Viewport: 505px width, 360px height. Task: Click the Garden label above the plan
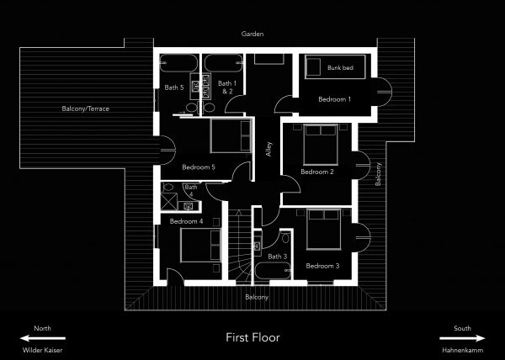[252, 34]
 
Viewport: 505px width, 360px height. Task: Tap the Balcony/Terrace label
[85, 109]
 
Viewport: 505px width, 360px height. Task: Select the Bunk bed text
[340, 67]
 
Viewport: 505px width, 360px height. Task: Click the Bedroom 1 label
[334, 99]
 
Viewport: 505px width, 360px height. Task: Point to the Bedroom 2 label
[317, 172]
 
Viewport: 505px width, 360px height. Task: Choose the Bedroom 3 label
[322, 266]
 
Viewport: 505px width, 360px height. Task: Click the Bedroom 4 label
[186, 221]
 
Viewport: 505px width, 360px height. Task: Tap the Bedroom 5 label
[199, 167]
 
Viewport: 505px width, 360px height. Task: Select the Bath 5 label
[174, 87]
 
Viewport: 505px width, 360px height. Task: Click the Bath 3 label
[277, 257]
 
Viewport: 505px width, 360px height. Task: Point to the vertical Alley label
[268, 149]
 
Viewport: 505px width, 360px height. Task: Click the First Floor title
[252, 337]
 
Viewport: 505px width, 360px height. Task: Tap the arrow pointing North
[43, 338]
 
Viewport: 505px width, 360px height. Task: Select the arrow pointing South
[462, 338]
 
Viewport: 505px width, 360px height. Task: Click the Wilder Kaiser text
[42, 350]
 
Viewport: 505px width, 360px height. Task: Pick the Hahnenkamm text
[462, 350]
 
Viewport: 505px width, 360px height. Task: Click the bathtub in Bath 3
[273, 271]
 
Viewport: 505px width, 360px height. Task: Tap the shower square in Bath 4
[169, 201]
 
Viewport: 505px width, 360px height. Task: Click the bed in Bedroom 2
[321, 145]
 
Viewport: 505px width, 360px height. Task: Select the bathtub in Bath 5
[178, 63]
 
